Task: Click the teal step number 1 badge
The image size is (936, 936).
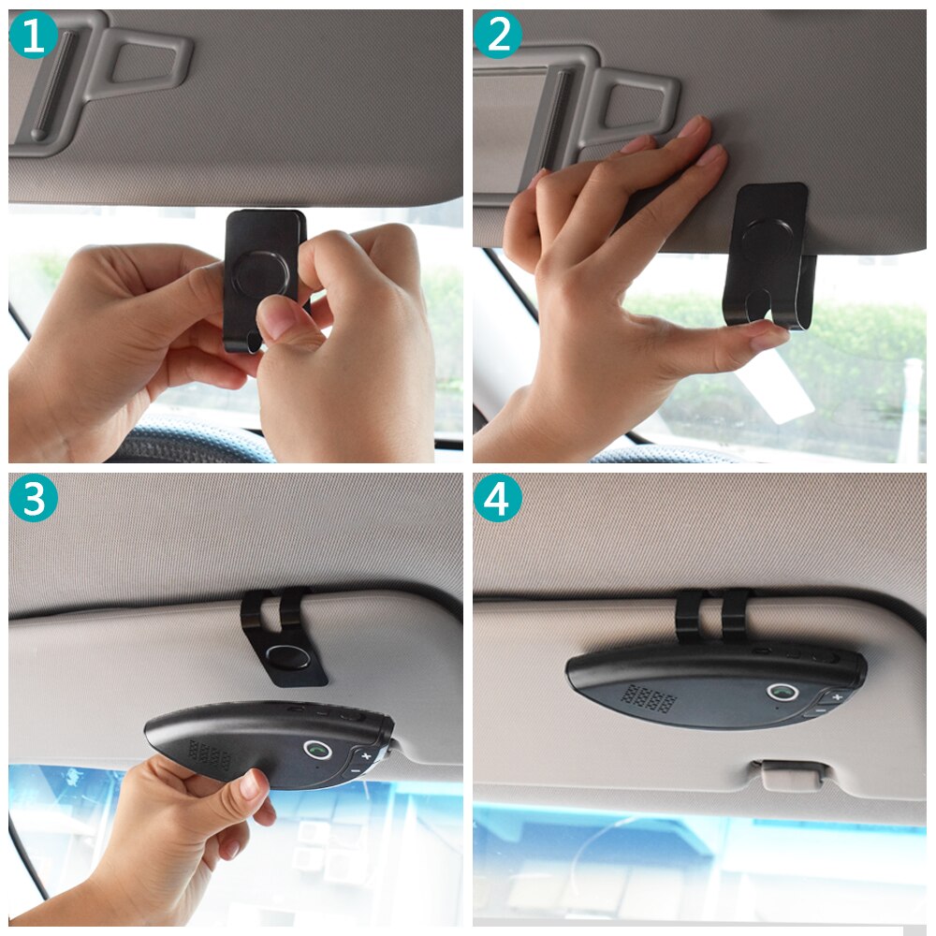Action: tap(33, 35)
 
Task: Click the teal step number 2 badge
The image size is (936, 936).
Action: tap(497, 35)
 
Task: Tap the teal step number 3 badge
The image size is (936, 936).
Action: tap(33, 499)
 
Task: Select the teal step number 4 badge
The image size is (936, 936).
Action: tap(497, 499)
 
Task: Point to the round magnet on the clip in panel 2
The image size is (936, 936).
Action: tap(768, 241)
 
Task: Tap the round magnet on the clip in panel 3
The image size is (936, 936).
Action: tap(288, 657)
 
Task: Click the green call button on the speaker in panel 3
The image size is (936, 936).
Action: tap(317, 749)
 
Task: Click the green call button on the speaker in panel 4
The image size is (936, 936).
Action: tap(782, 693)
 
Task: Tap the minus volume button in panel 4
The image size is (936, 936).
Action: tap(819, 710)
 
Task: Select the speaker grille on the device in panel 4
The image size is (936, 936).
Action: tap(649, 698)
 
